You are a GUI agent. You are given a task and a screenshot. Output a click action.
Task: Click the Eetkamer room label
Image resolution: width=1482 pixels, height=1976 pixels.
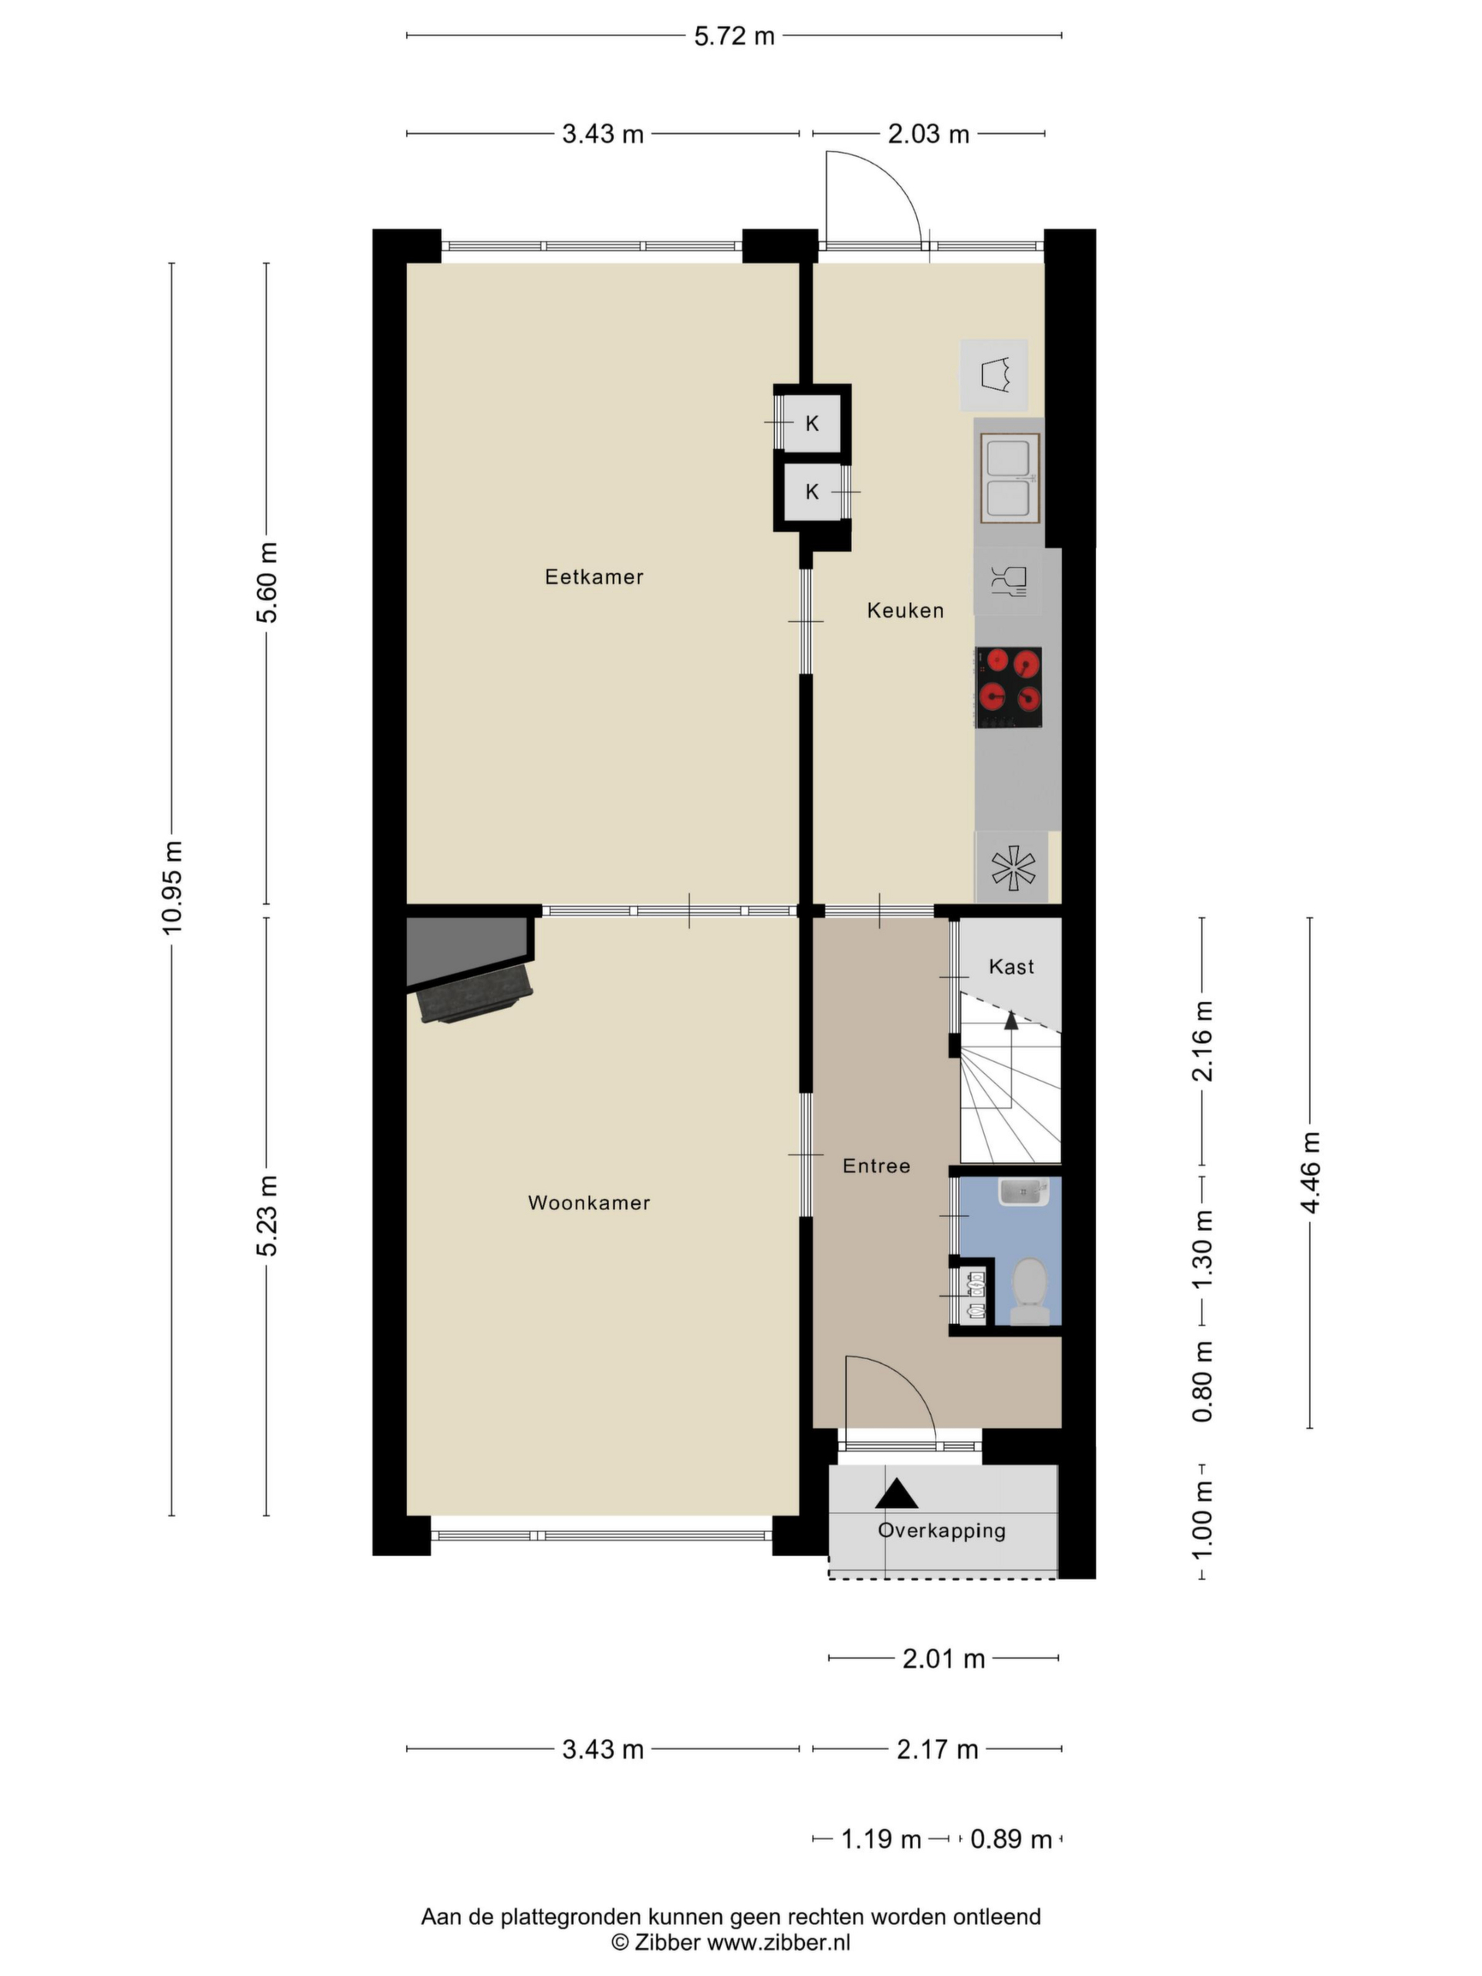(x=594, y=577)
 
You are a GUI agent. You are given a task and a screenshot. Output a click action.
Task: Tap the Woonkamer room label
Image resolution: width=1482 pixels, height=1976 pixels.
(x=589, y=1203)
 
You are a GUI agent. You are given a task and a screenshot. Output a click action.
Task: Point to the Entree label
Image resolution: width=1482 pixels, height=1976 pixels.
(x=876, y=1166)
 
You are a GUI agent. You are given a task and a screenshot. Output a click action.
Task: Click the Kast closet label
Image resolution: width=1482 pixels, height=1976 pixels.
(x=1011, y=966)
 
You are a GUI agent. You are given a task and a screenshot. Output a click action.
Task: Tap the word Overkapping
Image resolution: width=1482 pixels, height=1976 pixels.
(x=942, y=1530)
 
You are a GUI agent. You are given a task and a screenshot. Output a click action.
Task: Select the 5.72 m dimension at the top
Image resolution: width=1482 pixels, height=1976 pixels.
(x=734, y=36)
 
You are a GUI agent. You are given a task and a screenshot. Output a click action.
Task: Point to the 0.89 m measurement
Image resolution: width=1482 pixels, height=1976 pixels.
(x=1011, y=1839)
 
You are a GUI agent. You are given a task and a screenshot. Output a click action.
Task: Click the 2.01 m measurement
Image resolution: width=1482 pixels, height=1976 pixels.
(x=943, y=1659)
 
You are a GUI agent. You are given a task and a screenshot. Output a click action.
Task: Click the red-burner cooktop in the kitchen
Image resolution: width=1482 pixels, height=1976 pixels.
(x=1009, y=687)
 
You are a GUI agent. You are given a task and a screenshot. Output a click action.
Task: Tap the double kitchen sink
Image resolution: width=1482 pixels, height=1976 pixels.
(x=1010, y=478)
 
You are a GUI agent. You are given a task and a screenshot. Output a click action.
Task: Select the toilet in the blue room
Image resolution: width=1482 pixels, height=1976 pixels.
(x=1029, y=1291)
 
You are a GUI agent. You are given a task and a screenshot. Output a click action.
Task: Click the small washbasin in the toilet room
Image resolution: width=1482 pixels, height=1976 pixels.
(x=1024, y=1192)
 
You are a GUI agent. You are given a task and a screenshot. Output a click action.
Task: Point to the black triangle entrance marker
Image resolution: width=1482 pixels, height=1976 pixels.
(x=896, y=1494)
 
